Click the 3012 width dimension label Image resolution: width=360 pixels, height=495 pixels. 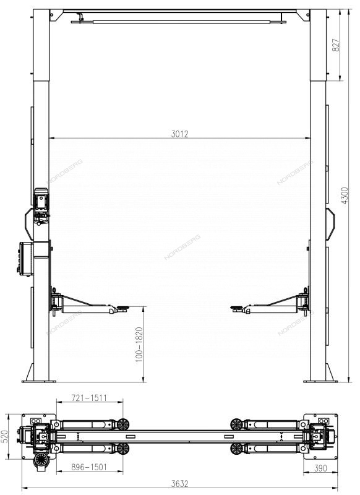tap(179, 134)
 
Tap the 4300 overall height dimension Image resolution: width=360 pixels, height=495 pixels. tap(345, 196)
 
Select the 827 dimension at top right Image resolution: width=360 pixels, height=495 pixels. tap(336, 45)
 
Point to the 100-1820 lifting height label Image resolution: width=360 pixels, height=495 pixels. tap(139, 345)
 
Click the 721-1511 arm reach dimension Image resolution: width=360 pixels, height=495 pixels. tap(89, 397)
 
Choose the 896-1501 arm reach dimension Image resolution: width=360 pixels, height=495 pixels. tap(89, 467)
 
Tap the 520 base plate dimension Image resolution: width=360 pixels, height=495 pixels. tap(5, 436)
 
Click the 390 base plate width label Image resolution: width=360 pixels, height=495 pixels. tap(320, 468)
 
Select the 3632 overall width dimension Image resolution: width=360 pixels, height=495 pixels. tap(179, 483)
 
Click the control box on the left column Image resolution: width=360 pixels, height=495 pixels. tap(25, 259)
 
